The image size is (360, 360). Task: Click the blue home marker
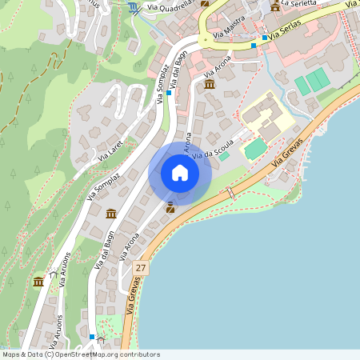click(x=180, y=173)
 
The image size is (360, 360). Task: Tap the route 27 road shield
click(x=142, y=267)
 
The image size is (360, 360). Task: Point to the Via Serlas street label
click(x=287, y=32)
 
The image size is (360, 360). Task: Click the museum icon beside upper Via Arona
click(x=210, y=84)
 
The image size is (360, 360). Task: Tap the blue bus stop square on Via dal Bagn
click(x=169, y=93)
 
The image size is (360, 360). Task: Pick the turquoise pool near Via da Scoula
click(x=254, y=149)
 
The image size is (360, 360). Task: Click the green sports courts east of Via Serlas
click(x=311, y=82)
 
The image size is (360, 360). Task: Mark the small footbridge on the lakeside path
click(x=230, y=193)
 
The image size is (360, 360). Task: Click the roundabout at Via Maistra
click(x=205, y=39)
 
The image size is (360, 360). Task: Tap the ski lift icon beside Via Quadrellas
click(x=132, y=7)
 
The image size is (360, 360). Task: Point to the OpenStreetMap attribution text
click(x=80, y=354)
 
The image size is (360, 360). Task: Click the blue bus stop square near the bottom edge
click(x=93, y=337)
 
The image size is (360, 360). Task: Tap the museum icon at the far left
click(x=38, y=282)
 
